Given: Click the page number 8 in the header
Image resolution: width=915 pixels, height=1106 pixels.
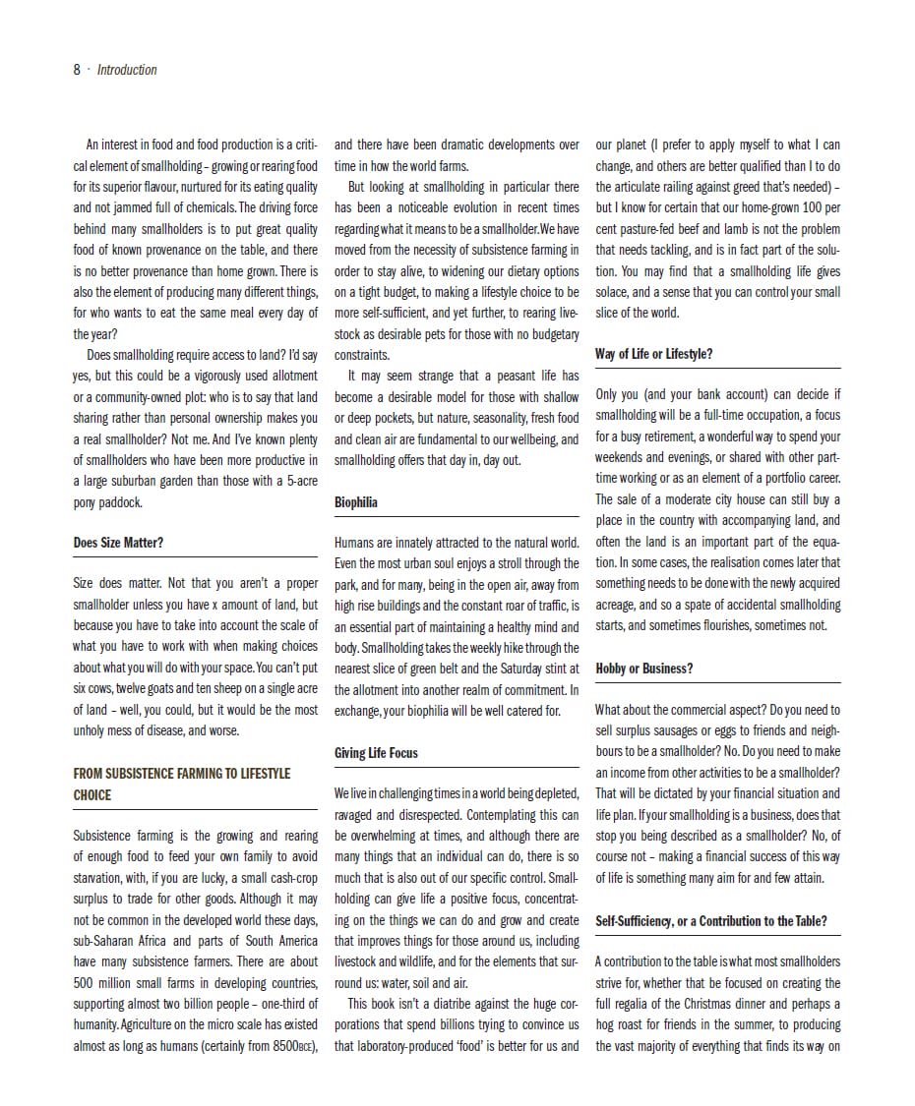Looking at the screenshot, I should (x=77, y=70).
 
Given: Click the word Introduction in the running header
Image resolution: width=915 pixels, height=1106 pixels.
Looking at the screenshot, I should (x=127, y=70).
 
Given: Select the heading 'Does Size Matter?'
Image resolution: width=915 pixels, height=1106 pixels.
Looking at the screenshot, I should (x=118, y=543).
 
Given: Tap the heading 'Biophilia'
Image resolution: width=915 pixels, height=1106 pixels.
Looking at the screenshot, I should (x=356, y=502).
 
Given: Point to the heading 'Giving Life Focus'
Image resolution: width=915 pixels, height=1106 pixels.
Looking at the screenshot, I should (x=376, y=753).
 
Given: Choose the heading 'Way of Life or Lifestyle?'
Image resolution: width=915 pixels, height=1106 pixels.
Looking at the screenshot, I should (x=653, y=354).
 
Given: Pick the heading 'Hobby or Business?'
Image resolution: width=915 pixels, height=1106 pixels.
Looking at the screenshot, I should (x=643, y=669).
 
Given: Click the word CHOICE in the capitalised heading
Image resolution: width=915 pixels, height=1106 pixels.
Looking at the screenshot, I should (x=92, y=794).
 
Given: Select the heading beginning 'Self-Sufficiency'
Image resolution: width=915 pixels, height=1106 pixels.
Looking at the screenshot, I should (x=710, y=921).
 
